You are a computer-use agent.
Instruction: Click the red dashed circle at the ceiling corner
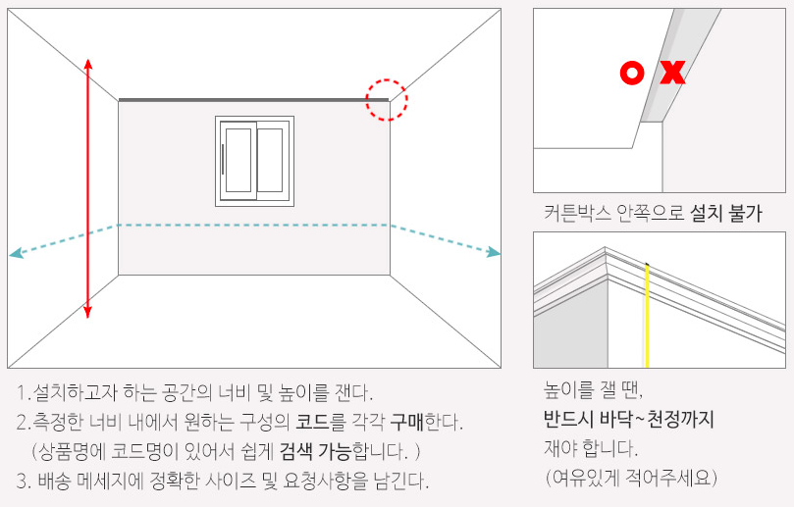click(x=387, y=100)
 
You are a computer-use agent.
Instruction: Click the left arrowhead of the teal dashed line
click(x=15, y=254)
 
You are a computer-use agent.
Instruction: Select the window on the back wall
click(x=254, y=161)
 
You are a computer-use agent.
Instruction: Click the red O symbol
click(x=633, y=73)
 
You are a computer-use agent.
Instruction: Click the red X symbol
click(x=672, y=73)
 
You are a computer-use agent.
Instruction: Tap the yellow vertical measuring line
click(x=647, y=314)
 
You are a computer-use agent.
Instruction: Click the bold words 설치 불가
click(x=726, y=213)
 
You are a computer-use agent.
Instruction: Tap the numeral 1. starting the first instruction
click(x=23, y=394)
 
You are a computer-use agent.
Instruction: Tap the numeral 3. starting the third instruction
click(x=23, y=482)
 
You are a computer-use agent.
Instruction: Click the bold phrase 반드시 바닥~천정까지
click(x=628, y=420)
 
